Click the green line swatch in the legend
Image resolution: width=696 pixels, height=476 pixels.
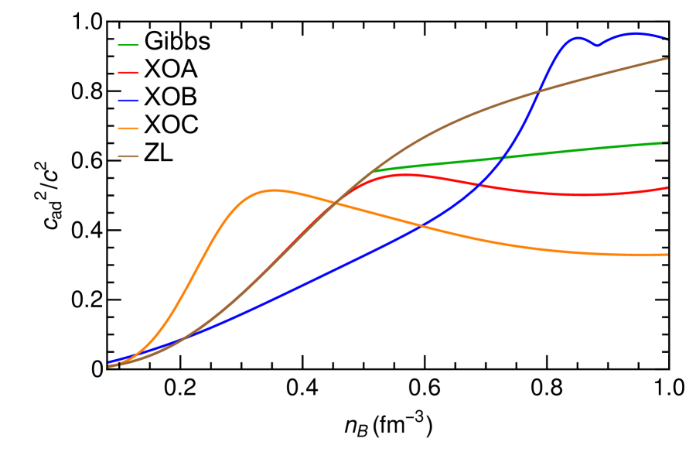point(128,45)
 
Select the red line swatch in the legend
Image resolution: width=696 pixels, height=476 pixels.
point(128,73)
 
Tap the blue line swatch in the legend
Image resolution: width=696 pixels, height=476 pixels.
point(128,101)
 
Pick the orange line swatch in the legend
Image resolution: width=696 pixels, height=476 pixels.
point(128,128)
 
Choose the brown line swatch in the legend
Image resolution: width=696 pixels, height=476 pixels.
point(128,156)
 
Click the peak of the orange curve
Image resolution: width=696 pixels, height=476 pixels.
point(274,190)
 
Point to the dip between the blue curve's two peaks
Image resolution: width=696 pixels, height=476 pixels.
point(596,46)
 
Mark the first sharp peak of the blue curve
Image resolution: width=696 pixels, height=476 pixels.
point(577,37)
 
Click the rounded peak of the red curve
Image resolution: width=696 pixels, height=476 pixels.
point(406,174)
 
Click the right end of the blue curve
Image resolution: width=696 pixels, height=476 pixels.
point(667,38)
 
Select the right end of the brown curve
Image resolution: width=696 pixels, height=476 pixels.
point(667,58)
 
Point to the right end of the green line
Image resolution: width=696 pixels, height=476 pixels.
point(667,142)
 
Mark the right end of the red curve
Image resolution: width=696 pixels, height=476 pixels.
point(667,187)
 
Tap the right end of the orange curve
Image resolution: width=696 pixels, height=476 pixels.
point(667,255)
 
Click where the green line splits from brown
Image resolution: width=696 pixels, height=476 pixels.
point(376,170)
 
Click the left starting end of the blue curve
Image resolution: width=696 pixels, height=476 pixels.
point(109,362)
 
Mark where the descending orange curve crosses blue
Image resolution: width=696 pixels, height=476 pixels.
point(421,225)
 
